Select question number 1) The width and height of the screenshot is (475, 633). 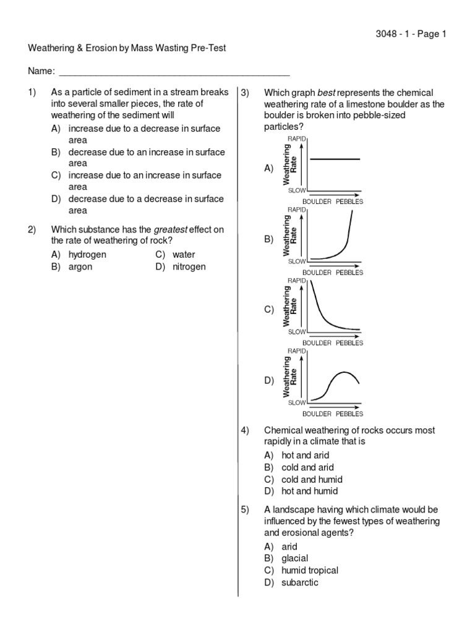33,93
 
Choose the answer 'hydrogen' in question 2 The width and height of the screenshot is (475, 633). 87,255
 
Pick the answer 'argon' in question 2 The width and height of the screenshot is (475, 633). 82,267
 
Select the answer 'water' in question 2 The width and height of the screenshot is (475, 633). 184,255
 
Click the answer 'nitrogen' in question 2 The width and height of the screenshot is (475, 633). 189,267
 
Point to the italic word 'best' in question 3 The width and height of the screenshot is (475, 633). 325,93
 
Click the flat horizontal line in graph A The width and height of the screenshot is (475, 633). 335,159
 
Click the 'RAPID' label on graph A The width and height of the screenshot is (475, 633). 297,139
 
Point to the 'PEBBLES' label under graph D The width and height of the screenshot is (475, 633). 349,414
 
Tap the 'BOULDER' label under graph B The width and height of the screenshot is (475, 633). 317,273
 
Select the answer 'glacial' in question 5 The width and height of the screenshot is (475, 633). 295,559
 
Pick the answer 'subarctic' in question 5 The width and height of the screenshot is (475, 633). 300,582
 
